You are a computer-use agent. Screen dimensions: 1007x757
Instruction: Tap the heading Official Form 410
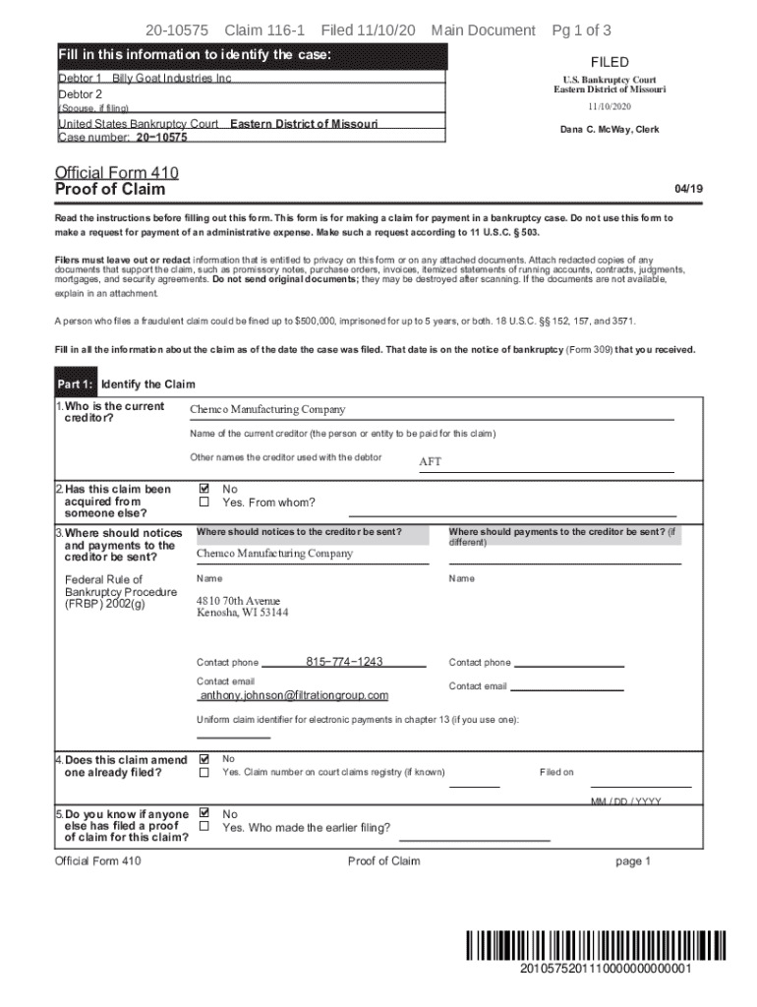117,172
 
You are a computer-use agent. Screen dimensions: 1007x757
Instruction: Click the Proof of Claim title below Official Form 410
110,189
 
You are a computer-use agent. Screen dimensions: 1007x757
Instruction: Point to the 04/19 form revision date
687,187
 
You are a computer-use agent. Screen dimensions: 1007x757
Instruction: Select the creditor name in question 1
267,410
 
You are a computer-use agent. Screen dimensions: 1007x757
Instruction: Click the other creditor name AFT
431,461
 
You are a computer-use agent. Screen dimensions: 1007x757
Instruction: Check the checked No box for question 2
204,488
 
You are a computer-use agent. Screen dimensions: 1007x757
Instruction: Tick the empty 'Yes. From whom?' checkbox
204,503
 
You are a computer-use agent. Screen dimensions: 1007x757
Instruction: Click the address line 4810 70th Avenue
238,601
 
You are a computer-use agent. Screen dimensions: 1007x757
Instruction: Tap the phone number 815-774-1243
344,662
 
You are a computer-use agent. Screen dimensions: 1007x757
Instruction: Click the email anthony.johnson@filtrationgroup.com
294,695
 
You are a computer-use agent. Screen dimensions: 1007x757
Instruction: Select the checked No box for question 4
204,759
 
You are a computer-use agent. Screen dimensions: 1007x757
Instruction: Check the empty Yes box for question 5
204,827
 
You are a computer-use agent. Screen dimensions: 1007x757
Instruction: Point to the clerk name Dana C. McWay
610,130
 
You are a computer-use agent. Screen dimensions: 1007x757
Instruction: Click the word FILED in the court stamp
610,62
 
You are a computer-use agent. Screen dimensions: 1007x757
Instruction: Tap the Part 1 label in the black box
75,385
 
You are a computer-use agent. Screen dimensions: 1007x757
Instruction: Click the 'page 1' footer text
633,861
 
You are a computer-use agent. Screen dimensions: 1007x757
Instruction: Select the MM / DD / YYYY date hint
626,801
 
